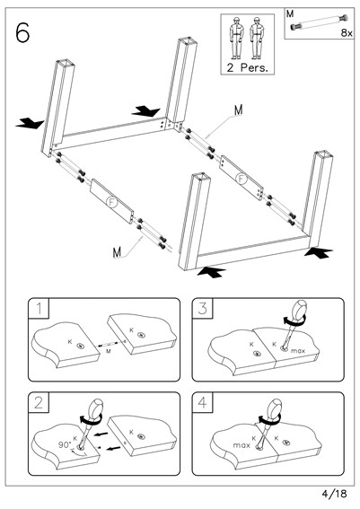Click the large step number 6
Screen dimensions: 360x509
point(22,33)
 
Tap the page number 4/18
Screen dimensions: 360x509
point(334,494)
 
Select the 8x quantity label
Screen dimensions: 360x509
point(347,33)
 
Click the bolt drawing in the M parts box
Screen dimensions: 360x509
point(319,22)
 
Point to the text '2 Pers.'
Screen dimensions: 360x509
point(248,67)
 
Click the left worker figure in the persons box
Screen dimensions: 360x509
point(237,38)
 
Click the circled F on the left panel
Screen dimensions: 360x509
point(111,202)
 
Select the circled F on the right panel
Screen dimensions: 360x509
point(241,179)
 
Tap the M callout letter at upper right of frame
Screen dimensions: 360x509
point(239,110)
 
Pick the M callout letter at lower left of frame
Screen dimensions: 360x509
point(117,252)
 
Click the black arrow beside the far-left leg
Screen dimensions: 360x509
point(30,123)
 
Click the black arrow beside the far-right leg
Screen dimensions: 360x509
point(318,252)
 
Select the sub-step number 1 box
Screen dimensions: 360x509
point(39,308)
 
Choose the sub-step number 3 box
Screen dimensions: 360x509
point(203,308)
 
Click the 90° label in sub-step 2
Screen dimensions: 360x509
point(65,444)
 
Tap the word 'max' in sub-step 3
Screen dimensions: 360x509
point(298,351)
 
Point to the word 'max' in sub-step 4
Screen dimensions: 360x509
point(241,445)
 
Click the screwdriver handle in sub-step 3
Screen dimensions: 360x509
point(299,312)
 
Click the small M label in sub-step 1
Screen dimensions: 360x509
point(109,351)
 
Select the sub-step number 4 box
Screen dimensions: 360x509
point(203,402)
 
